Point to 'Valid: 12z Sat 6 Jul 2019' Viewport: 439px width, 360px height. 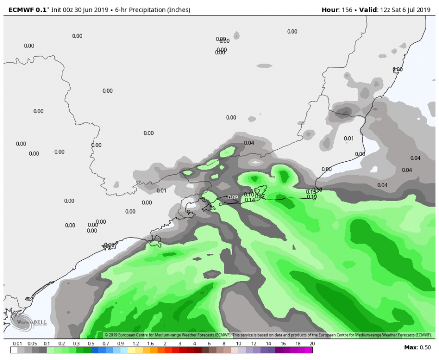coord(395,10)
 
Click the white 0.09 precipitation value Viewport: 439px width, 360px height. coord(233,197)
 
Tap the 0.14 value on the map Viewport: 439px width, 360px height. coord(250,200)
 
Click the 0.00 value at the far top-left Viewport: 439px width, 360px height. coord(29,46)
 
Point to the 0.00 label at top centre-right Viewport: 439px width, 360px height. coord(292,32)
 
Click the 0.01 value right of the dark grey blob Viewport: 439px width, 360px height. coord(349,139)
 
